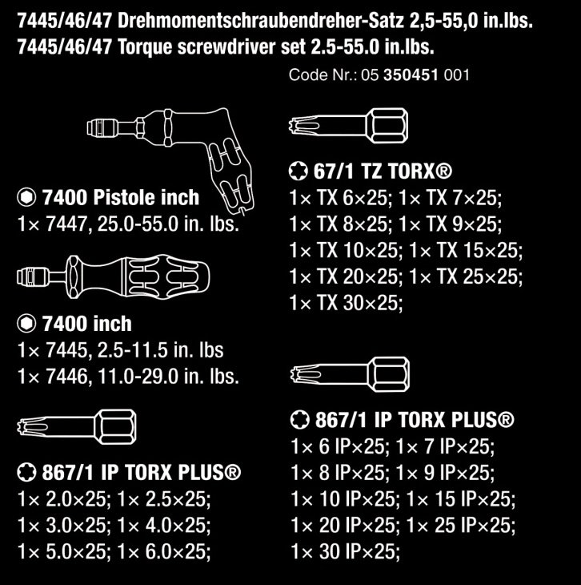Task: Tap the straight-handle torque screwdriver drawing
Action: (114, 276)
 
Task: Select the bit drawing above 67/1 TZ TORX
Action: (348, 125)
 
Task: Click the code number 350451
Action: (411, 75)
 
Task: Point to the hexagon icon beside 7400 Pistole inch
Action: (26, 197)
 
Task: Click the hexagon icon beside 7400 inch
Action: (26, 324)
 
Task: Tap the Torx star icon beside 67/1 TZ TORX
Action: (299, 171)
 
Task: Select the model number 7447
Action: (66, 224)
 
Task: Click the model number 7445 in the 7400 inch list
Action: (66, 350)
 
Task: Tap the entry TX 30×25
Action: (359, 303)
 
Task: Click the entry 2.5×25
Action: (175, 499)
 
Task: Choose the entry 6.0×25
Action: (175, 551)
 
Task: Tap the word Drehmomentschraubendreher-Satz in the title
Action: (261, 21)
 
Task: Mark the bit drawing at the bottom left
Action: (76, 427)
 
